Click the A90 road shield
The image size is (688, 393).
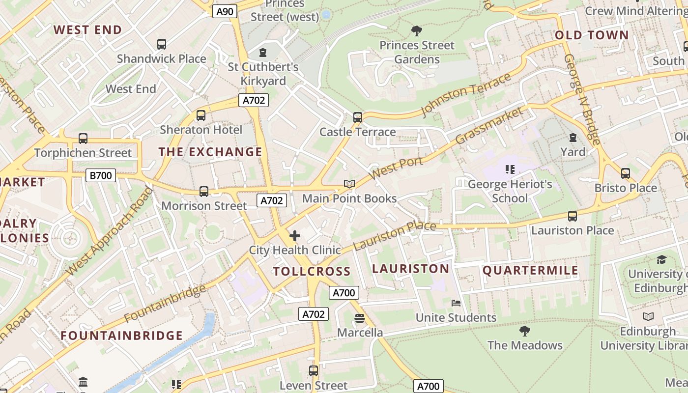click(225, 11)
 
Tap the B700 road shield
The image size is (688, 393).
click(100, 175)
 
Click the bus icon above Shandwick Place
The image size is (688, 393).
click(162, 44)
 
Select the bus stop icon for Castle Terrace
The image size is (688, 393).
click(358, 117)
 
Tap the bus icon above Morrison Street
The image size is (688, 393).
click(204, 192)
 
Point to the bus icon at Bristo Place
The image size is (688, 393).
click(625, 173)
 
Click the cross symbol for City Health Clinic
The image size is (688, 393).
click(295, 236)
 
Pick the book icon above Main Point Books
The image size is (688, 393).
click(349, 184)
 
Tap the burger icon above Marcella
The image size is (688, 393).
click(359, 318)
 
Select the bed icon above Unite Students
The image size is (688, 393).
click(456, 303)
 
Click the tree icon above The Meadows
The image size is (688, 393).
click(525, 331)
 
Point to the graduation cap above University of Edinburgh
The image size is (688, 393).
click(661, 259)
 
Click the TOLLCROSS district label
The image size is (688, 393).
click(312, 272)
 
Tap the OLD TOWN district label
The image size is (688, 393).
click(592, 35)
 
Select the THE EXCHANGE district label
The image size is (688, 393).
click(210, 152)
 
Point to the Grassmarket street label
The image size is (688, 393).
click(489, 126)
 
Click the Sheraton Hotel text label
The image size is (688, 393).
click(201, 130)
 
